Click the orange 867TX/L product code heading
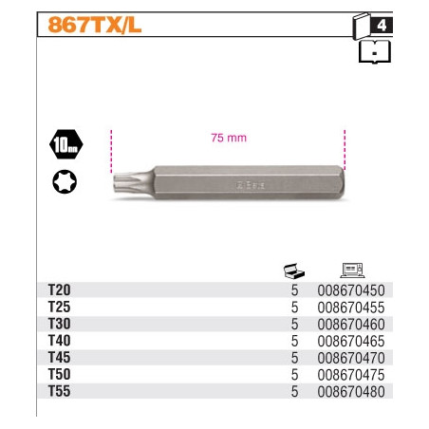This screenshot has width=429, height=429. tap(95, 25)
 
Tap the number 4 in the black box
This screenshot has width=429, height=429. tap(382, 26)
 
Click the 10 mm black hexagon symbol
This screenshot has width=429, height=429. tap(66, 144)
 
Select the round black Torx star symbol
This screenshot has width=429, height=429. tap(65, 181)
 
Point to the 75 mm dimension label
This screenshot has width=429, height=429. tap(229, 138)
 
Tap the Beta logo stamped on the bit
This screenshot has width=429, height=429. tap(252, 185)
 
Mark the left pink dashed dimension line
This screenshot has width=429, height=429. tap(111, 151)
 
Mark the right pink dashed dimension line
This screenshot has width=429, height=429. tap(345, 150)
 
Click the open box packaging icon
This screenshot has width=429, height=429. tap(294, 271)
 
